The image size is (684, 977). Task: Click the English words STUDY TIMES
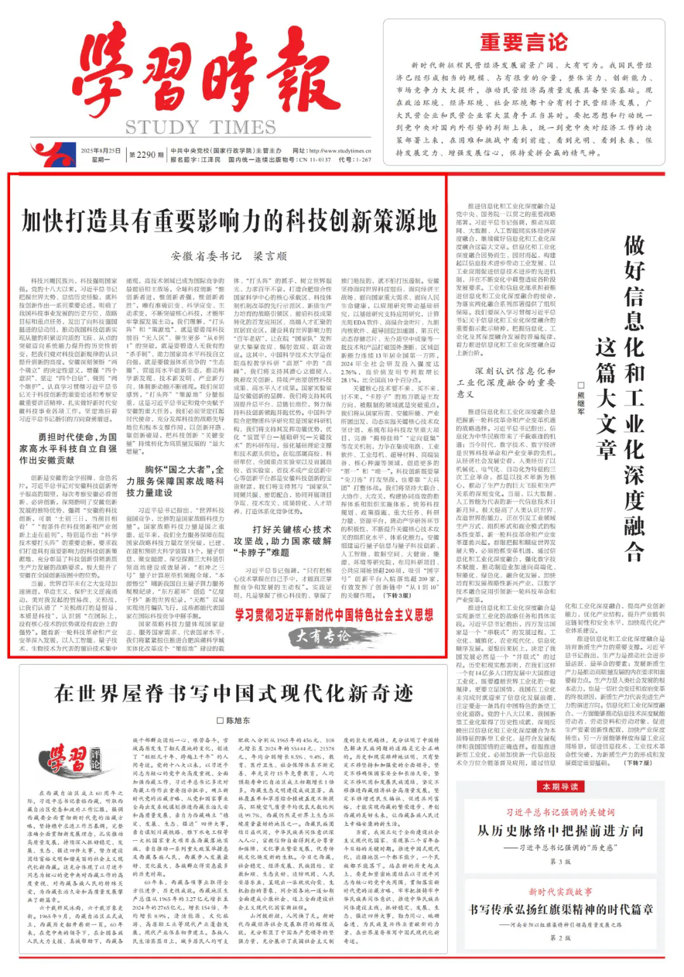point(200,127)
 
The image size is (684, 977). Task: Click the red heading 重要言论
point(523,43)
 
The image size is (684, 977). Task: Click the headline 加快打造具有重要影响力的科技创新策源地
point(229,222)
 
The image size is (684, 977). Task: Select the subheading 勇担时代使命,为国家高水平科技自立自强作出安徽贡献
point(68,449)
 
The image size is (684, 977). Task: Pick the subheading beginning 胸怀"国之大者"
point(175,481)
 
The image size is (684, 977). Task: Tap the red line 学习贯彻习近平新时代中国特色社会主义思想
point(334,615)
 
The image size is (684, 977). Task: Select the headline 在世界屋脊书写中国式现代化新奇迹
point(233,694)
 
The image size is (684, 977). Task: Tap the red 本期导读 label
point(560,787)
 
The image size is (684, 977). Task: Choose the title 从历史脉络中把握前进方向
point(560,831)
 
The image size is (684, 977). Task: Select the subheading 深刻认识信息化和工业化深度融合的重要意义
point(506,382)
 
